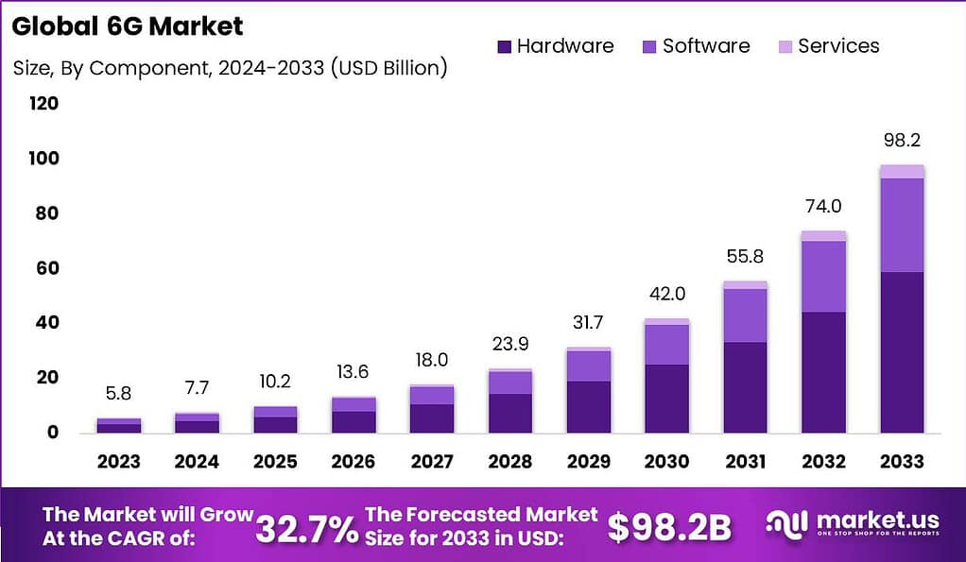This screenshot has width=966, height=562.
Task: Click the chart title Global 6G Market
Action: tap(128, 26)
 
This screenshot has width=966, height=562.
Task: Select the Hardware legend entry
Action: tap(554, 46)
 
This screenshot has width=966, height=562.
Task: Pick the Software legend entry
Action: tap(695, 46)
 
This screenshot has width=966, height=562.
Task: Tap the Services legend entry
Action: tap(827, 46)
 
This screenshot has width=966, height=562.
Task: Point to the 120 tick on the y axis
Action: tap(43, 103)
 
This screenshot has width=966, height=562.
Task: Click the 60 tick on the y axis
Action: tap(43, 268)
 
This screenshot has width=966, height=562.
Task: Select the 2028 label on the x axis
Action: tap(509, 462)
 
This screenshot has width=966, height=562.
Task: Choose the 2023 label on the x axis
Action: tap(119, 462)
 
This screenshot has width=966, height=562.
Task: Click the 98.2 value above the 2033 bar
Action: tap(901, 141)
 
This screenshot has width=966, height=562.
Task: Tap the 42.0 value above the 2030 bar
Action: tap(666, 294)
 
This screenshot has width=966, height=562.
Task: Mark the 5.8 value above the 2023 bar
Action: tap(119, 393)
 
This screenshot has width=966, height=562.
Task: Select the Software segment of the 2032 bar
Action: tap(822, 276)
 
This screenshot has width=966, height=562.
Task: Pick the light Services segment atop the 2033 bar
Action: tap(901, 171)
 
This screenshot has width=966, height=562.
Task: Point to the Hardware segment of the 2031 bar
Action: tap(745, 387)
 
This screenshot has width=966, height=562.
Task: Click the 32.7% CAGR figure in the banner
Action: tap(307, 527)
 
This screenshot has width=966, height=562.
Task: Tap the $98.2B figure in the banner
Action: tap(669, 527)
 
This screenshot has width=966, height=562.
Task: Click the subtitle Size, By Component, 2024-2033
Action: tap(230, 68)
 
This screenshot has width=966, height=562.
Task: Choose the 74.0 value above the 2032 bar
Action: tap(822, 207)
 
